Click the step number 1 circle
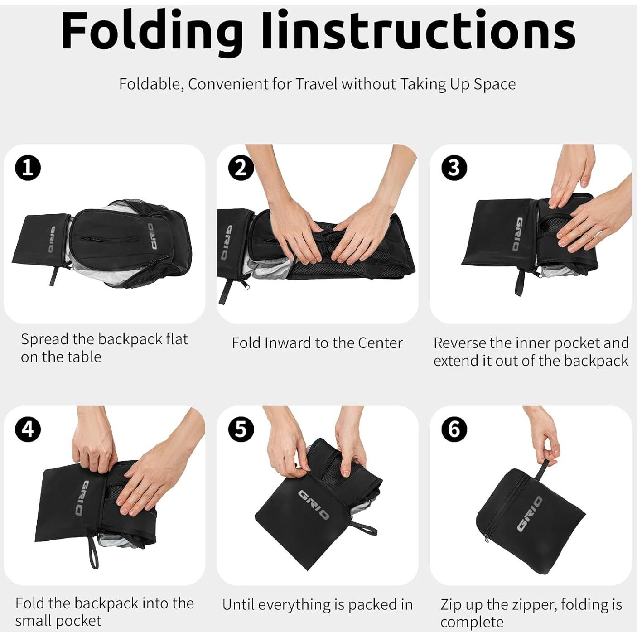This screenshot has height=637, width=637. coord(28,168)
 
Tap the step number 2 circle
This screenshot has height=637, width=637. coord(241,168)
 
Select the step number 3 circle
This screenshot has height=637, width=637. coord(454,168)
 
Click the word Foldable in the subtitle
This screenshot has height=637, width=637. coord(151,84)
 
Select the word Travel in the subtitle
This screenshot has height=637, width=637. coord(317,84)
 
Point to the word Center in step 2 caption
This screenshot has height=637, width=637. coord(380,343)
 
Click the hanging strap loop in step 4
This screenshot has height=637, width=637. coord(93,551)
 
